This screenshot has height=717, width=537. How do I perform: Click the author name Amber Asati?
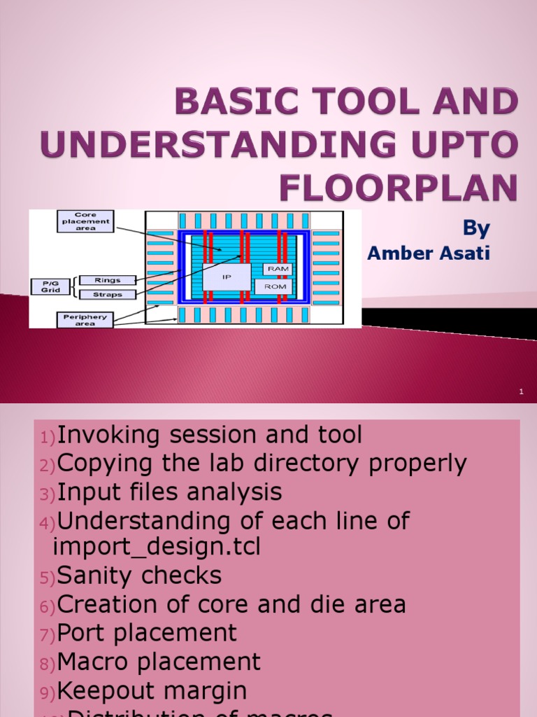coord(429,253)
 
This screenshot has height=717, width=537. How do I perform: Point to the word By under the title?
coord(476,228)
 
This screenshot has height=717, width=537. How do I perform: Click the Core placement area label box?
coord(85,221)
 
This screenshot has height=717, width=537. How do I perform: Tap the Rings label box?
coord(107,280)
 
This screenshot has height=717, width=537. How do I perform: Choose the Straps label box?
coord(107,294)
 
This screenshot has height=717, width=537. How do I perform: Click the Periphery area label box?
coord(85,320)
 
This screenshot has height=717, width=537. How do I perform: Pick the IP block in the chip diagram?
coord(227,277)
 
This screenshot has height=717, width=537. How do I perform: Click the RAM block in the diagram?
coord(277,269)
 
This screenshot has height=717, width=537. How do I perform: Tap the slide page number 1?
coord(521,392)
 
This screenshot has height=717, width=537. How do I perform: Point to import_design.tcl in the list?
coord(157,547)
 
